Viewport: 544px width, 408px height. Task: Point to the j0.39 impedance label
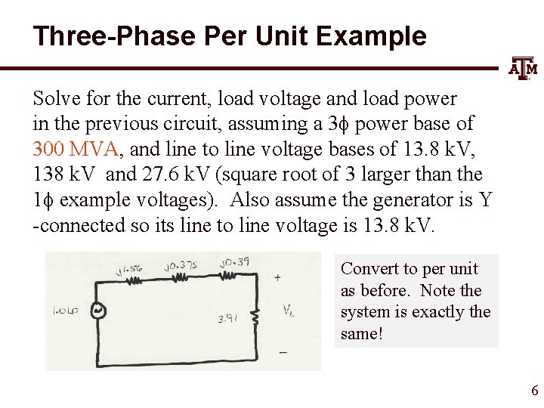coord(234,264)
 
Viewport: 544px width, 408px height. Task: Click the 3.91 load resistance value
coord(228,319)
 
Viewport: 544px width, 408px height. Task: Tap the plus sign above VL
coord(277,277)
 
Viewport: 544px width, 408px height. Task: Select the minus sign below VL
coord(283,352)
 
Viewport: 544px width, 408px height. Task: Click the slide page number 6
coord(534,391)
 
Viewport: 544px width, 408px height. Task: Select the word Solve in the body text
coord(54,98)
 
